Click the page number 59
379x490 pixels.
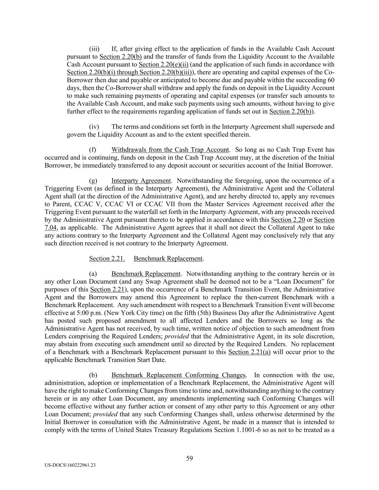click(189, 458)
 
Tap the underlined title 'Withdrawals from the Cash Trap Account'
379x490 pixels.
click(170, 150)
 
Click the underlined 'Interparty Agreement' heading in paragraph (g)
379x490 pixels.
click(141, 181)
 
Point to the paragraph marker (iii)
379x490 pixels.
click(94, 49)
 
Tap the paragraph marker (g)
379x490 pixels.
click(93, 181)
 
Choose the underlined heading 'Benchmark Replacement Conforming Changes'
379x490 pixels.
click(179, 375)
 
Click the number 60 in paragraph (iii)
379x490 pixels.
click(331, 80)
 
